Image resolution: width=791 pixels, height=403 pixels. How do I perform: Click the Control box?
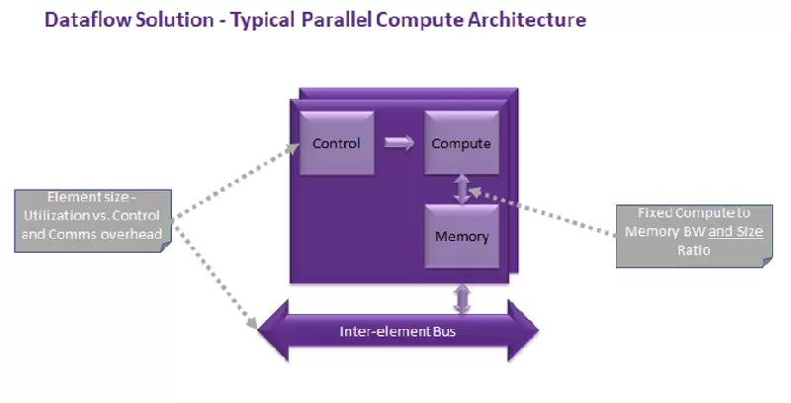point(335,144)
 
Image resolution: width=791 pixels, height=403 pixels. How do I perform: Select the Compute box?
point(461,144)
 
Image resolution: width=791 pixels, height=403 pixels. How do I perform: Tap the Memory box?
point(461,237)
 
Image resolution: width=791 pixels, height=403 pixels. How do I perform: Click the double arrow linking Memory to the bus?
point(462,296)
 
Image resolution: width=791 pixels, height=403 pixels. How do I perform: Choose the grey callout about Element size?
point(94,220)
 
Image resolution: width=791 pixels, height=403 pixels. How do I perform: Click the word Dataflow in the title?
point(85,20)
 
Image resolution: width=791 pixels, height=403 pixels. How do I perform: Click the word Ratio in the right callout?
point(693,252)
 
